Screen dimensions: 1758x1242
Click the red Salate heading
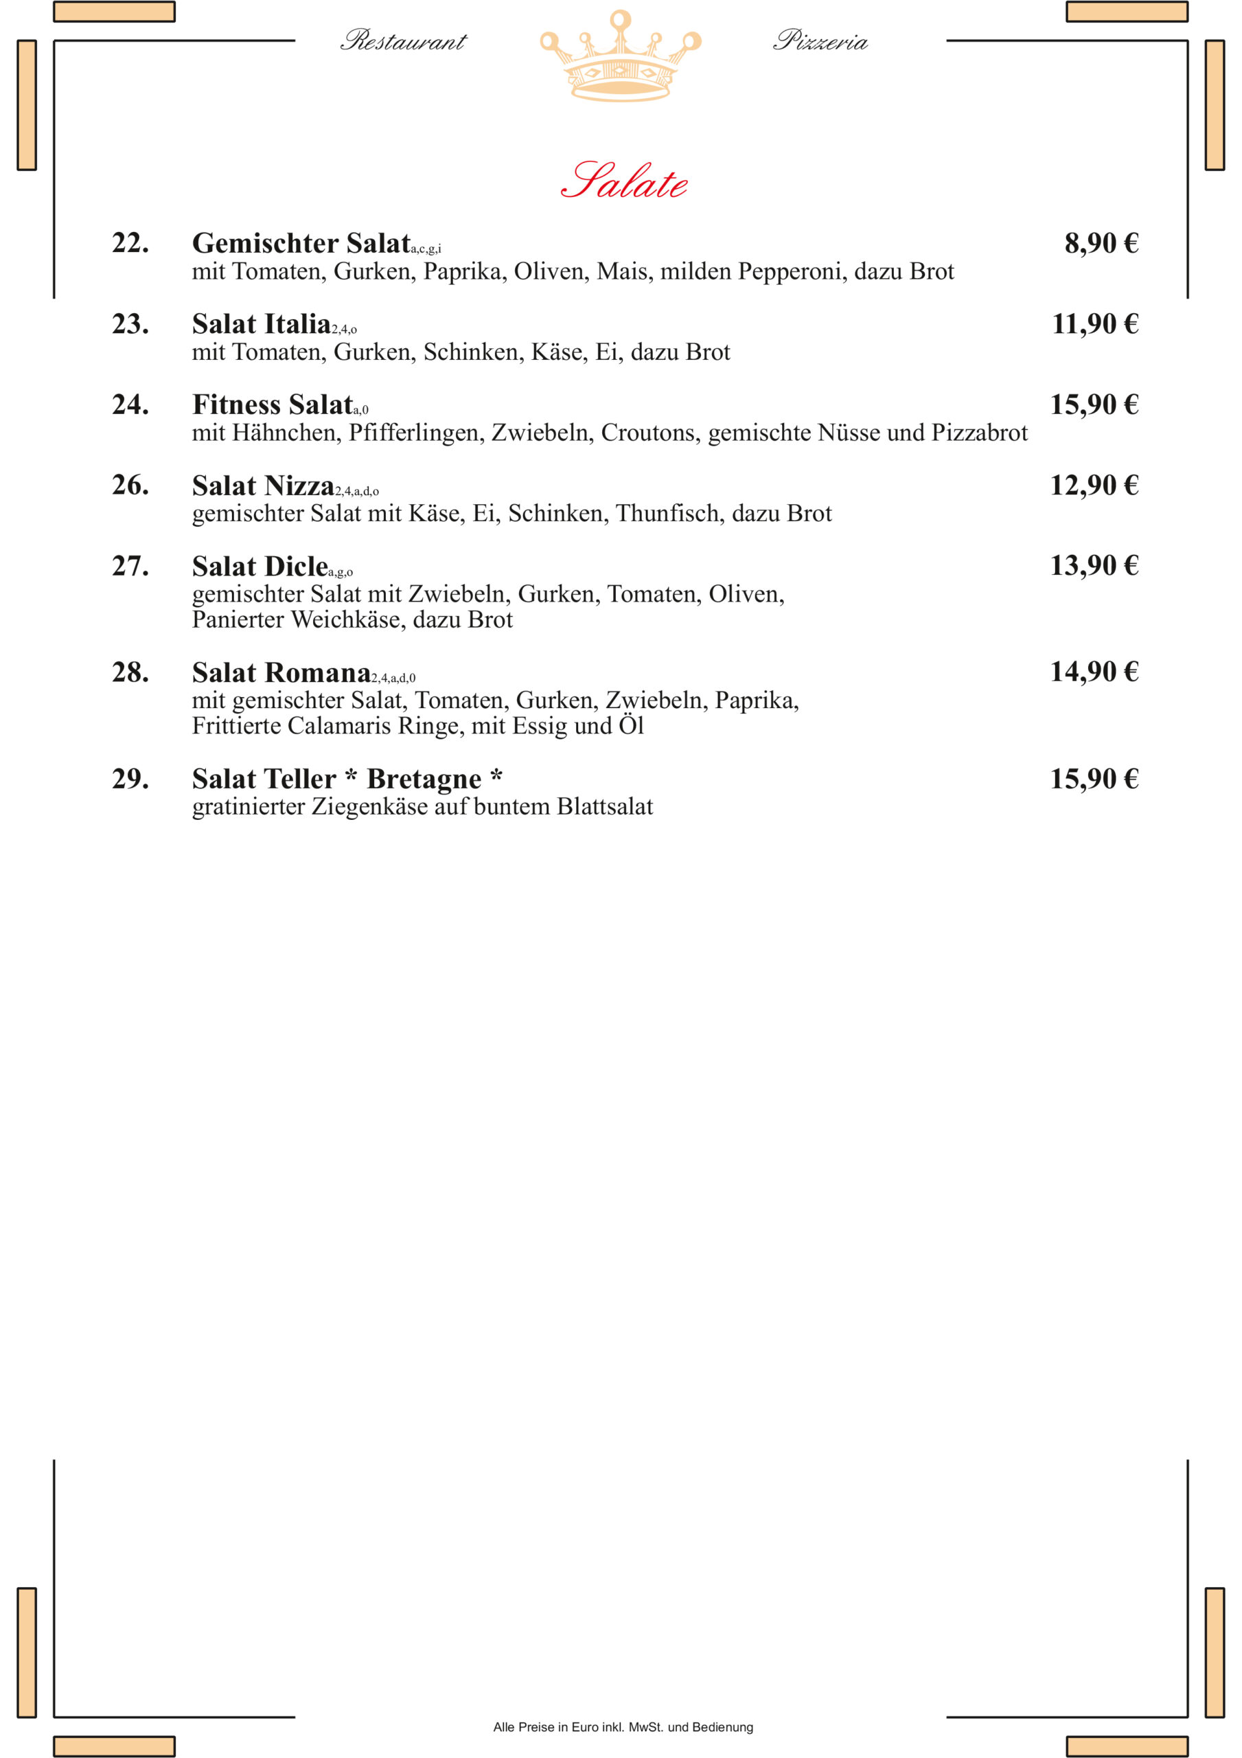[623, 181]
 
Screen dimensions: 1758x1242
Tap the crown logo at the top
[620, 58]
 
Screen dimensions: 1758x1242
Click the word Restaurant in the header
[403, 41]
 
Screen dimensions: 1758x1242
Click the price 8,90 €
[1101, 244]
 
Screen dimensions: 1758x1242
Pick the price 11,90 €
[1094, 324]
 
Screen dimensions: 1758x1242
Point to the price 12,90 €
[1094, 486]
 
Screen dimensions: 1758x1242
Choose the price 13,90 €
[1094, 566]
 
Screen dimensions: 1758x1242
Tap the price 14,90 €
[1094, 672]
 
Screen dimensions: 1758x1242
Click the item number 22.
[130, 244]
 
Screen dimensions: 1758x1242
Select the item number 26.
[130, 486]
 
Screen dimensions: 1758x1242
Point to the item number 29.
[130, 779]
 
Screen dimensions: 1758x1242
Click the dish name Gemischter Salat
[301, 244]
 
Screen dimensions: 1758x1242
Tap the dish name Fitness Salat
[273, 405]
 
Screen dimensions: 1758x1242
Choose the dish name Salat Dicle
[260, 567]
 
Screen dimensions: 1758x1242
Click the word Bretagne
[424, 779]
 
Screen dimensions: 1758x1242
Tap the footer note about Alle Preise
[623, 1726]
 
